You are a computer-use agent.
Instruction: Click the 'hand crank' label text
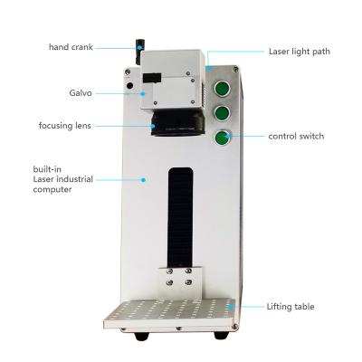pyautogui.click(x=71, y=47)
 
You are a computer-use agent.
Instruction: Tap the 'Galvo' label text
pyautogui.click(x=81, y=93)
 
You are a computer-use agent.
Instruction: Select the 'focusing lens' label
pyautogui.click(x=65, y=126)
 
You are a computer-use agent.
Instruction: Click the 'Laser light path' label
pyautogui.click(x=300, y=52)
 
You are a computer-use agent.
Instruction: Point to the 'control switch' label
pyautogui.click(x=296, y=136)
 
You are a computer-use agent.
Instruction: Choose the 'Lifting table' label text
pyautogui.click(x=291, y=307)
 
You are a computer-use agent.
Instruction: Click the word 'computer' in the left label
pyautogui.click(x=52, y=190)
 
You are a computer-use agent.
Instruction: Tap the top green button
pyautogui.click(x=223, y=89)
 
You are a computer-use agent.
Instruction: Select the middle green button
pyautogui.click(x=223, y=113)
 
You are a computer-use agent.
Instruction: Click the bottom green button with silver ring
pyautogui.click(x=223, y=138)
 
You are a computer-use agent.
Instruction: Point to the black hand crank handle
pyautogui.click(x=139, y=52)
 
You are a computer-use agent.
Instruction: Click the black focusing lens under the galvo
pyautogui.click(x=178, y=123)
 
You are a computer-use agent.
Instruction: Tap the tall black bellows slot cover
pyautogui.click(x=180, y=218)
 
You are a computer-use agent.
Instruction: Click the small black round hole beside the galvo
pyautogui.click(x=129, y=86)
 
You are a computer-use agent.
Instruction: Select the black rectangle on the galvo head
pyautogui.click(x=153, y=78)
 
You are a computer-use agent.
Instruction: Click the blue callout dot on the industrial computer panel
pyautogui.click(x=143, y=180)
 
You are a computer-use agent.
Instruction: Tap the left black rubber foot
pyautogui.click(x=141, y=336)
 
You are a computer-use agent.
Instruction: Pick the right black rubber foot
pyautogui.click(x=221, y=335)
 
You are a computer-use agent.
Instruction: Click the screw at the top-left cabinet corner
pyautogui.click(x=128, y=71)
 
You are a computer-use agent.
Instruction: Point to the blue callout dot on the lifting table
pyautogui.click(x=230, y=307)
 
